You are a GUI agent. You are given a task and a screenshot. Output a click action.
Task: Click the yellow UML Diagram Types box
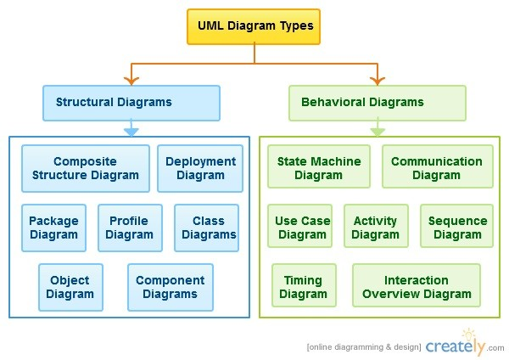click(x=254, y=26)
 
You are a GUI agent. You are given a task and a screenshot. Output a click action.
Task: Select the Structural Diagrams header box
click(x=131, y=103)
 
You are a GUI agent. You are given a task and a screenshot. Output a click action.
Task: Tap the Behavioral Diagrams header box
click(x=378, y=103)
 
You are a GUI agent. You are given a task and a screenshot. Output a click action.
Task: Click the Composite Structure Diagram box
click(x=86, y=168)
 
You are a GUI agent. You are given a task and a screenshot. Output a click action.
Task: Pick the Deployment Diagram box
click(x=200, y=168)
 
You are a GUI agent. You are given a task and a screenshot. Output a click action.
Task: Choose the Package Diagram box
click(x=54, y=228)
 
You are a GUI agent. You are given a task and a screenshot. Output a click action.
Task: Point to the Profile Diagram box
click(x=130, y=228)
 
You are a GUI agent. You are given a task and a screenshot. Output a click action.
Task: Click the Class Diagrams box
click(x=206, y=228)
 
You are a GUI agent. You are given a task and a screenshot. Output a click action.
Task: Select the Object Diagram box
click(x=70, y=287)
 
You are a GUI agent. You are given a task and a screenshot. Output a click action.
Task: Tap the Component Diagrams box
click(x=171, y=287)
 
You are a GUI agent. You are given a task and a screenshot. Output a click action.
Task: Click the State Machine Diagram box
click(x=319, y=166)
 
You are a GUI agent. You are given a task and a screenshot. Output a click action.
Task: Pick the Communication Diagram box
click(x=438, y=166)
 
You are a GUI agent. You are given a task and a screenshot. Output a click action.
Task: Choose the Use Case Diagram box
click(x=300, y=226)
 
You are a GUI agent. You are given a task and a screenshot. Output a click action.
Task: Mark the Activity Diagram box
click(x=376, y=226)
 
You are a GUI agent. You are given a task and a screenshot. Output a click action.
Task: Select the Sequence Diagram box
click(x=456, y=226)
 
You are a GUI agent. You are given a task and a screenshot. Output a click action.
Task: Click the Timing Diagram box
click(x=305, y=285)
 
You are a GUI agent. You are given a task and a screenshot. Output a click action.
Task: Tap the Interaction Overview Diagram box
click(x=417, y=285)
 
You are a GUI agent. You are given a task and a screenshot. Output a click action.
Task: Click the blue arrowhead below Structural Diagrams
click(x=131, y=132)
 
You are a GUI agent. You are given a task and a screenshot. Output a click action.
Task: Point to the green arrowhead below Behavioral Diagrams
click(x=378, y=132)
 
